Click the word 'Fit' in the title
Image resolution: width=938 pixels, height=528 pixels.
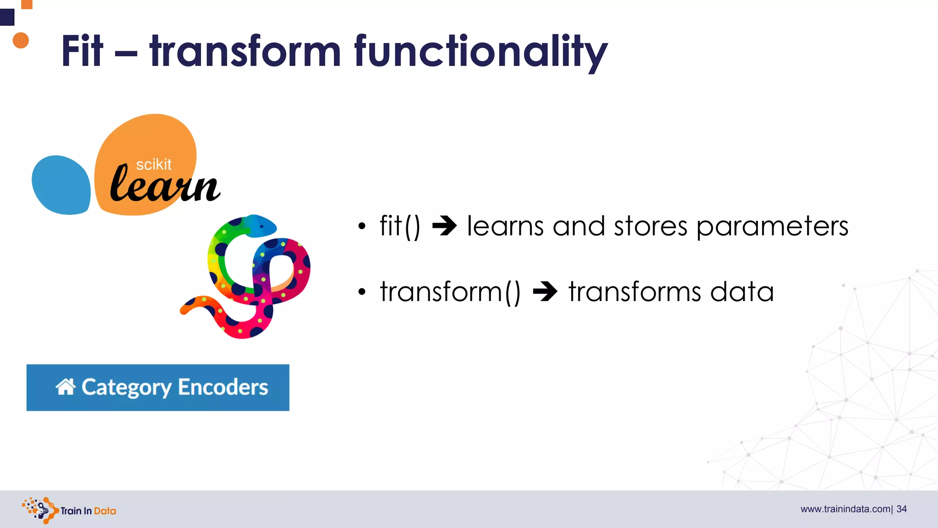(82, 51)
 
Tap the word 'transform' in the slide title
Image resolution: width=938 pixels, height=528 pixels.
(245, 51)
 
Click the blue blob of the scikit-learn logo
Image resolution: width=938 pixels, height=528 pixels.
(61, 185)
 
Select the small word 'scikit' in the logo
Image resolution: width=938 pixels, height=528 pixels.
(153, 165)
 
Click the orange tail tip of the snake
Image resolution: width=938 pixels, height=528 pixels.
(185, 310)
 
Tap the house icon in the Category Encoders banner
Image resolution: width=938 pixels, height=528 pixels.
(65, 387)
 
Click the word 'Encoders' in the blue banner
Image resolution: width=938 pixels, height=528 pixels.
(223, 387)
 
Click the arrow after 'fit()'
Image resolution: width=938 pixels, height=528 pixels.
(444, 226)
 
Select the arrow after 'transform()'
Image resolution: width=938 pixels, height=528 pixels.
(545, 291)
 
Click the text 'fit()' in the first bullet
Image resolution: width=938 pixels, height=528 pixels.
(399, 226)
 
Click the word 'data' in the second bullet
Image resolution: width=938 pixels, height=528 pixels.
(742, 292)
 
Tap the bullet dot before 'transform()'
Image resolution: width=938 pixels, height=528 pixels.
(362, 292)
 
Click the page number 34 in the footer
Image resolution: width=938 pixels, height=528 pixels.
(901, 509)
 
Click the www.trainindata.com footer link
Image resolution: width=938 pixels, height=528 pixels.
(845, 509)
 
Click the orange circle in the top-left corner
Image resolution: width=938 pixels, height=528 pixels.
(21, 40)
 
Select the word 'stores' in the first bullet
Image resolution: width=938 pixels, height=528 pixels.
(650, 226)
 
